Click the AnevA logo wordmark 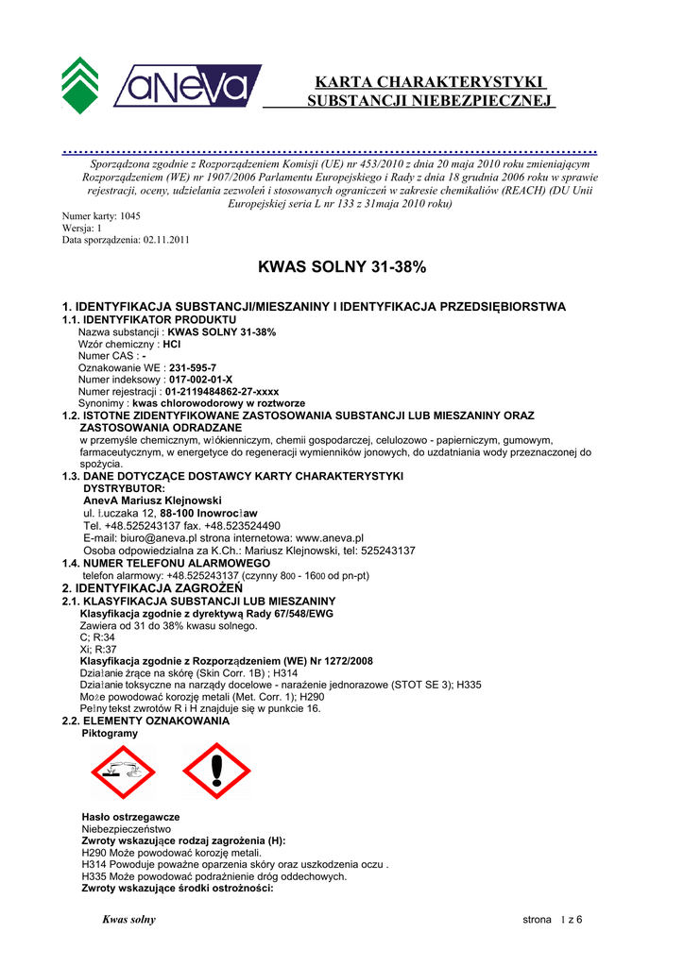tap(187, 86)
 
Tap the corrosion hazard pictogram tap(122, 771)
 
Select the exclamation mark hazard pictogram tap(216, 771)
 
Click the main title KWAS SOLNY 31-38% tap(342, 268)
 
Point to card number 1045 tap(130, 216)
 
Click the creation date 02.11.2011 tap(166, 240)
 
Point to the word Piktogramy tap(110, 733)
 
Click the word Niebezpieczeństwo tap(127, 828)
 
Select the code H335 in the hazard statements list tap(95, 876)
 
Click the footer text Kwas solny tap(128, 920)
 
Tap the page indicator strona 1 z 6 tap(553, 920)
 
